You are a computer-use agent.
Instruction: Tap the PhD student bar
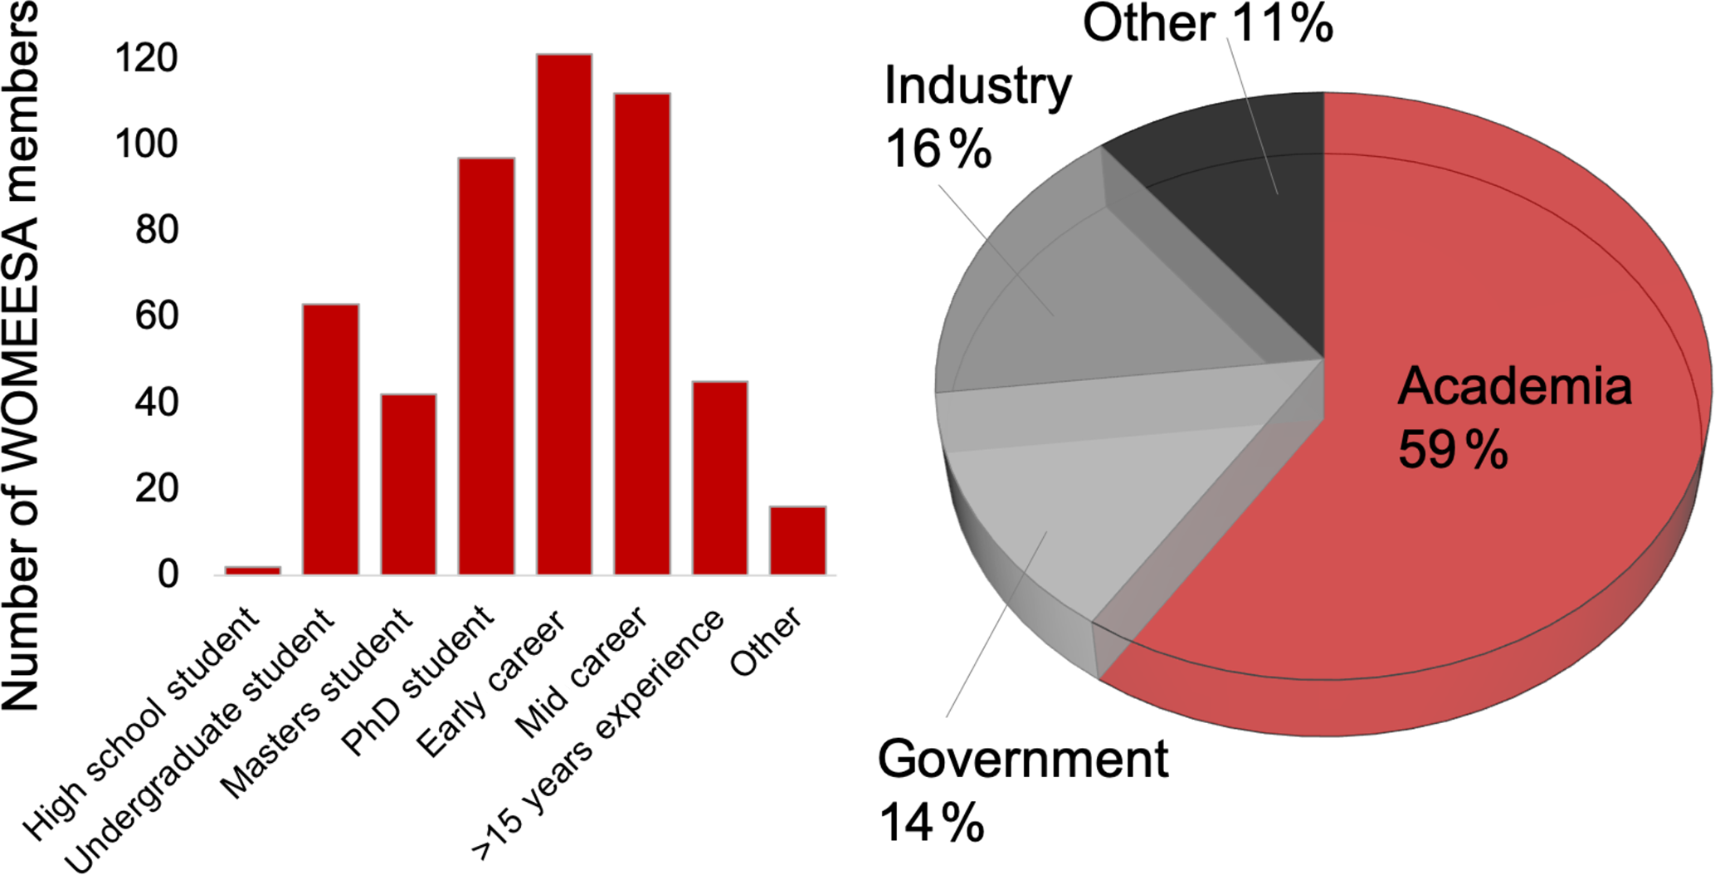tap(486, 365)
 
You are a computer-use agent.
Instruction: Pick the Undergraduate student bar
tap(331, 439)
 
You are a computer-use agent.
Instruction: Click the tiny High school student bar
tap(253, 570)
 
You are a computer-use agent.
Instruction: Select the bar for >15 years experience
tap(720, 477)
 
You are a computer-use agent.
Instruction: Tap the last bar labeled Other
tap(797, 540)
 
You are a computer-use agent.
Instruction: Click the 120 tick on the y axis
tap(146, 59)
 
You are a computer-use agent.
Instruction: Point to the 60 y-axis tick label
tap(157, 316)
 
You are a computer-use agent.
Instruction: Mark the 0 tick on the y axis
tap(168, 574)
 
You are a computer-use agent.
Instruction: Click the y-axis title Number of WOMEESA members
tap(22, 357)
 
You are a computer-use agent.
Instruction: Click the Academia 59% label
tap(1513, 418)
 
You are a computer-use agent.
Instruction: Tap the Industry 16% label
tap(977, 117)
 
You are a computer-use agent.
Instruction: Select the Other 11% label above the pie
tap(1207, 23)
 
